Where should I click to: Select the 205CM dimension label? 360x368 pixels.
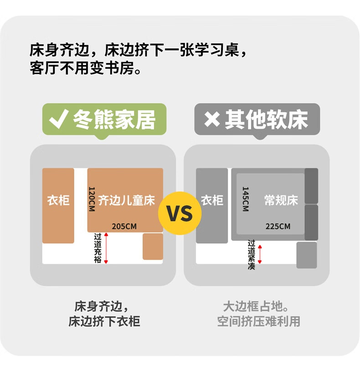coord(124,226)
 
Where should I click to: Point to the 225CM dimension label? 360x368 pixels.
coord(278,226)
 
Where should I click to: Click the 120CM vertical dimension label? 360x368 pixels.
coord(92,199)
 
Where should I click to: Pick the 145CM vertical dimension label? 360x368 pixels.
coord(245,199)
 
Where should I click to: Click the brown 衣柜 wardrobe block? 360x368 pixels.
coord(58,205)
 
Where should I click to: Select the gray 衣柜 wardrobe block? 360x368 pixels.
coord(212,205)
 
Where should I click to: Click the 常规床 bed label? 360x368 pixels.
coord(281,201)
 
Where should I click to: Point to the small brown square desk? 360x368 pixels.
coord(153,246)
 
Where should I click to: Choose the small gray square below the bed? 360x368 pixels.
coord(306,255)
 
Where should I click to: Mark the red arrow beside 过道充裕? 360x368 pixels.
coord(106,248)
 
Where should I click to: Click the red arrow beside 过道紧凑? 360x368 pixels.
coord(260,254)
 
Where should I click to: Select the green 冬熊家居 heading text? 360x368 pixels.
coord(114,119)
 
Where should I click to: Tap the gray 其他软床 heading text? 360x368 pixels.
coord(267,119)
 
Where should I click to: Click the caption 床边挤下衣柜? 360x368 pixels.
coord(104,321)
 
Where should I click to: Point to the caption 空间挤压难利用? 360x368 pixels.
coord(258,321)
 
